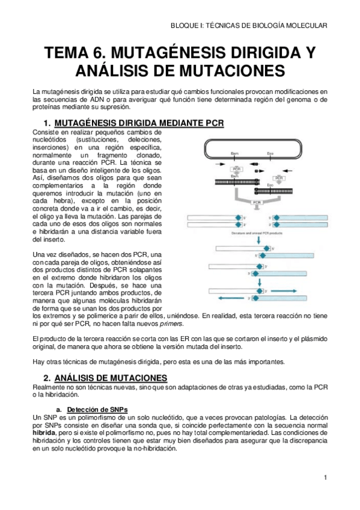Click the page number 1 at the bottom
tap(325, 478)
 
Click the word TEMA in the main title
tap(72, 52)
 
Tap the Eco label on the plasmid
tap(270, 154)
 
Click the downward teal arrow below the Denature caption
tap(259, 239)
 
